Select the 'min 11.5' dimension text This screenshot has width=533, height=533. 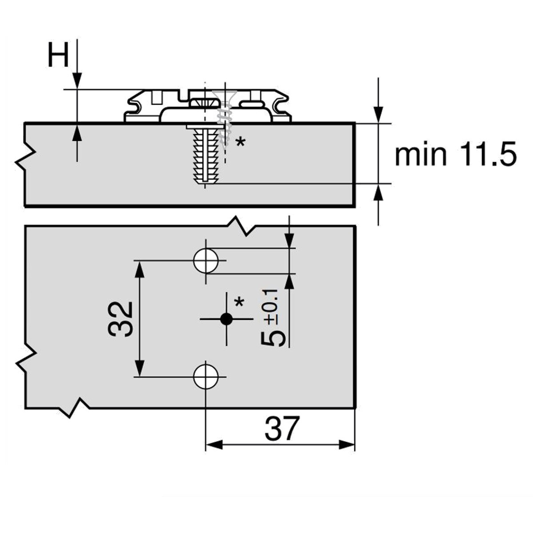[455, 154]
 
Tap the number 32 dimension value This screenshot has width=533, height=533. [120, 319]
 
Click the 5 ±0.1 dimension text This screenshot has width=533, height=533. [272, 318]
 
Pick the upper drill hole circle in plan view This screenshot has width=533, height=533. [205, 260]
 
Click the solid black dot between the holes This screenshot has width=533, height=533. [227, 318]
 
